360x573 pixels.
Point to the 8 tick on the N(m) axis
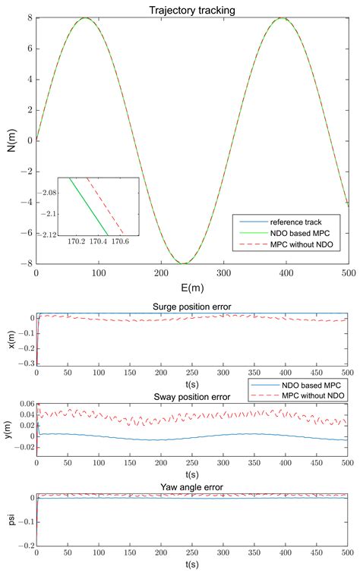click(x=28, y=17)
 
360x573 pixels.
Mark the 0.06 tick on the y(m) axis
click(x=22, y=405)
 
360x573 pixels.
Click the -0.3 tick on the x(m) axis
click(x=24, y=364)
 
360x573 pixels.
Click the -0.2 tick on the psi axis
click(x=24, y=546)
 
